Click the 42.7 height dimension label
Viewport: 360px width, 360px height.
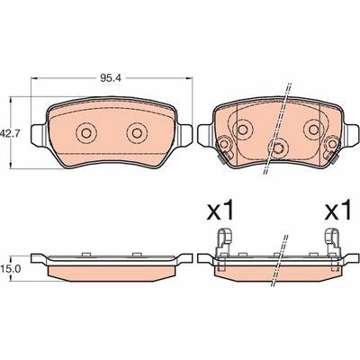(x=10, y=133)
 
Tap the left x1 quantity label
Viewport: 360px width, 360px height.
(x=221, y=211)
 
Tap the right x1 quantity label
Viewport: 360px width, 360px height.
(x=337, y=211)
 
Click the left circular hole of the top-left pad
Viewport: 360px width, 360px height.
(x=86, y=133)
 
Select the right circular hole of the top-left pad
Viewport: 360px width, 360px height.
(x=137, y=133)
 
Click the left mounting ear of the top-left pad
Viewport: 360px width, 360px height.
(x=39, y=136)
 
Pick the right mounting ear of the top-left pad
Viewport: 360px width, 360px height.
(x=184, y=136)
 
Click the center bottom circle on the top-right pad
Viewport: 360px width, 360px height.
(x=278, y=148)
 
